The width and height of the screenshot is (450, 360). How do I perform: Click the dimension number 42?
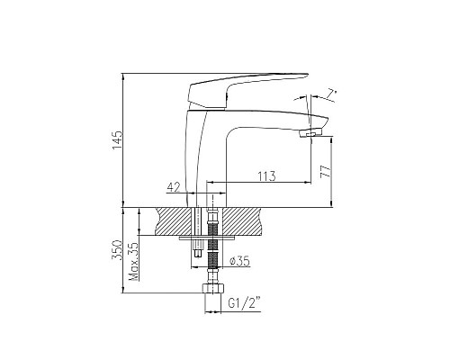174,187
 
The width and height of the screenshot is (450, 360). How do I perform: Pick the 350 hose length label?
116,250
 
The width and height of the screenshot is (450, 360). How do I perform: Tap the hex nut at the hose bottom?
212,292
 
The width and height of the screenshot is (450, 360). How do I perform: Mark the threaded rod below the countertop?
213,261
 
